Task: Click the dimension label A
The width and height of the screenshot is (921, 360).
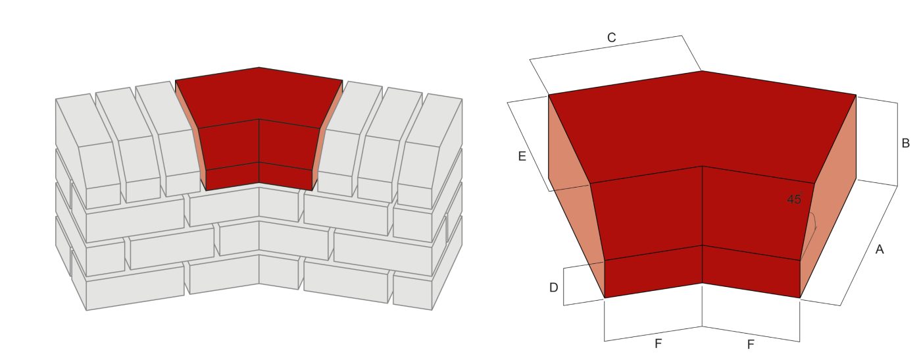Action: click(880, 249)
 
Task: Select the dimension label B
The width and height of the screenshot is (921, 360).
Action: click(905, 143)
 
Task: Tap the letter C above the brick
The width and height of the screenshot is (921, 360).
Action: click(611, 38)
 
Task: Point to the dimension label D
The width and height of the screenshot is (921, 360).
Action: click(554, 288)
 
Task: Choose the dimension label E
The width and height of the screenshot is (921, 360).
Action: click(522, 156)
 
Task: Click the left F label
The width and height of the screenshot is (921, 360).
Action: click(658, 344)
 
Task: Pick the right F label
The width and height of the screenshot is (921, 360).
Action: click(750, 344)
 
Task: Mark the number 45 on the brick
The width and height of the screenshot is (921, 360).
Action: click(794, 199)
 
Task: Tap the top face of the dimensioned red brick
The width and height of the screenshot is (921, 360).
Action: click(702, 125)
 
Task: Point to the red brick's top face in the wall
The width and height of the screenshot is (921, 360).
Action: click(259, 95)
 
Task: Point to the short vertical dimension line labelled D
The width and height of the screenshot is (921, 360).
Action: click(564, 286)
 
